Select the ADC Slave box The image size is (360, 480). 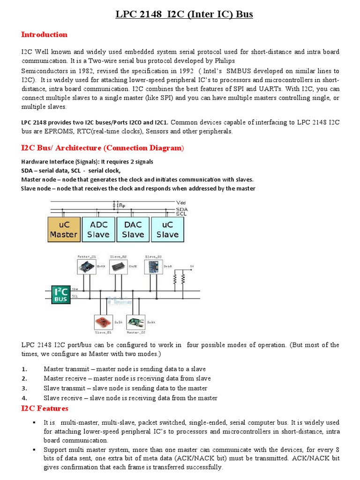tap(98, 229)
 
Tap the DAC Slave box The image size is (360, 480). tap(133, 229)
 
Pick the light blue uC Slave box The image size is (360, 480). tap(167, 229)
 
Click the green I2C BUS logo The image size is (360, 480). tap(60, 294)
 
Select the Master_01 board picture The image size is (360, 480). tap(86, 267)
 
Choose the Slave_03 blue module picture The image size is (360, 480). tap(153, 267)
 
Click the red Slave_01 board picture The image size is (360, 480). tap(101, 322)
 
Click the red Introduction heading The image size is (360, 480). tap(45, 35)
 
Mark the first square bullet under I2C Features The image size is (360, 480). tap(35, 423)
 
